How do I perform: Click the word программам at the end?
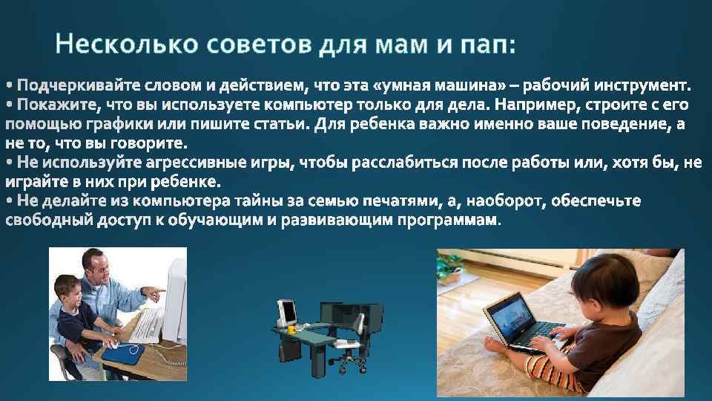(450, 221)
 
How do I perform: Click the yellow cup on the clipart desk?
(291, 328)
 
